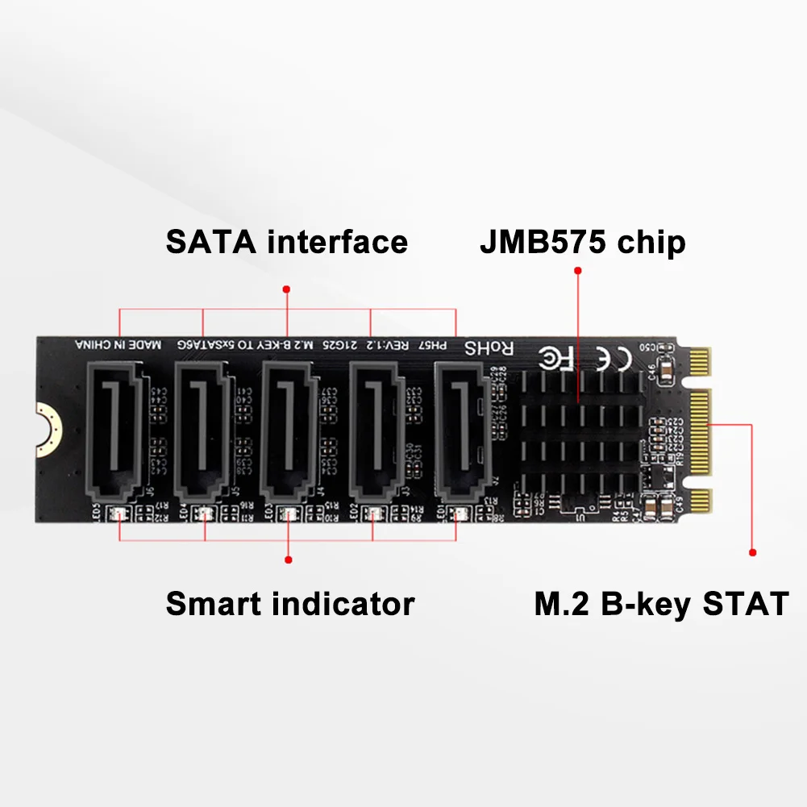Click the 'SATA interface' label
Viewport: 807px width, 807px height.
286,242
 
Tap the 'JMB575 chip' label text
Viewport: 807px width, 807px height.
582,242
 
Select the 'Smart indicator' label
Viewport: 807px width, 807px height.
289,603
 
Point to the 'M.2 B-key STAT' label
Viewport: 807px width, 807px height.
660,604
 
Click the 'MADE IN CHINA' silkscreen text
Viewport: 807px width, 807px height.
119,345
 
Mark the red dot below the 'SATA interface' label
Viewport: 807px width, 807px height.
286,288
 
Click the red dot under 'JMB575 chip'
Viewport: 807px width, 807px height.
577,271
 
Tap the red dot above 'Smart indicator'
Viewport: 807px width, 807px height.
289,559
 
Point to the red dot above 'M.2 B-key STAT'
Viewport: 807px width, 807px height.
752,553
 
